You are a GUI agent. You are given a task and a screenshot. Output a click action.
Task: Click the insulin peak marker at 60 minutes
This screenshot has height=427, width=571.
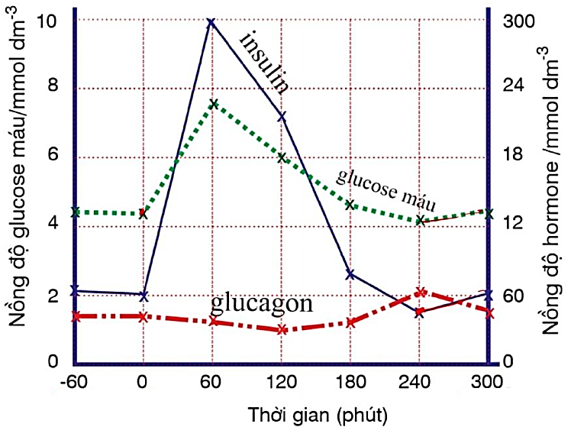pyautogui.click(x=211, y=22)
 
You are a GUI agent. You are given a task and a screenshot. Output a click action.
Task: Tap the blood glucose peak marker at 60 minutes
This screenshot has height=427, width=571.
pyautogui.click(x=214, y=104)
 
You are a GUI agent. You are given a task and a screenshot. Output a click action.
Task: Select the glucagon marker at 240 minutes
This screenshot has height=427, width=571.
pyautogui.click(x=420, y=292)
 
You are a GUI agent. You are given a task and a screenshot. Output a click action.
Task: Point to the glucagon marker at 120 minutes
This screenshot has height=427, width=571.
pyautogui.click(x=282, y=329)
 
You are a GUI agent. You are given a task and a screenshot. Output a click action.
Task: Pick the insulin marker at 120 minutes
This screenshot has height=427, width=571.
pyautogui.click(x=282, y=116)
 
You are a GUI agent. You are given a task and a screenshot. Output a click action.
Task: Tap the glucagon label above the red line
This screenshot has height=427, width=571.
pyautogui.click(x=262, y=302)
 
